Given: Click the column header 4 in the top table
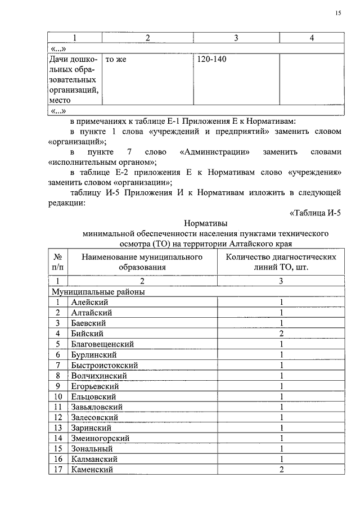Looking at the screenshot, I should (312, 38).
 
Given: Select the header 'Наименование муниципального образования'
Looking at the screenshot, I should (142, 262).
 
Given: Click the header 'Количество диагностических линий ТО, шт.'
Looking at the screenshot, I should (281, 262).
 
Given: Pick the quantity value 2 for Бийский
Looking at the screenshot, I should (281, 334).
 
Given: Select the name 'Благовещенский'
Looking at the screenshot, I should (102, 344).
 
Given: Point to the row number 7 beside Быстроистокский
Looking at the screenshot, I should (58, 365).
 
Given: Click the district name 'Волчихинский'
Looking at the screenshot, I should (99, 376).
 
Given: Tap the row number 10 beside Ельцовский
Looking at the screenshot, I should (58, 397).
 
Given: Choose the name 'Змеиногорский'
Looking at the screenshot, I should (100, 438).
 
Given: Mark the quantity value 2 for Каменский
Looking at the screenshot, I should (281, 470).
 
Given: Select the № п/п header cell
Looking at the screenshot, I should (58, 262).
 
